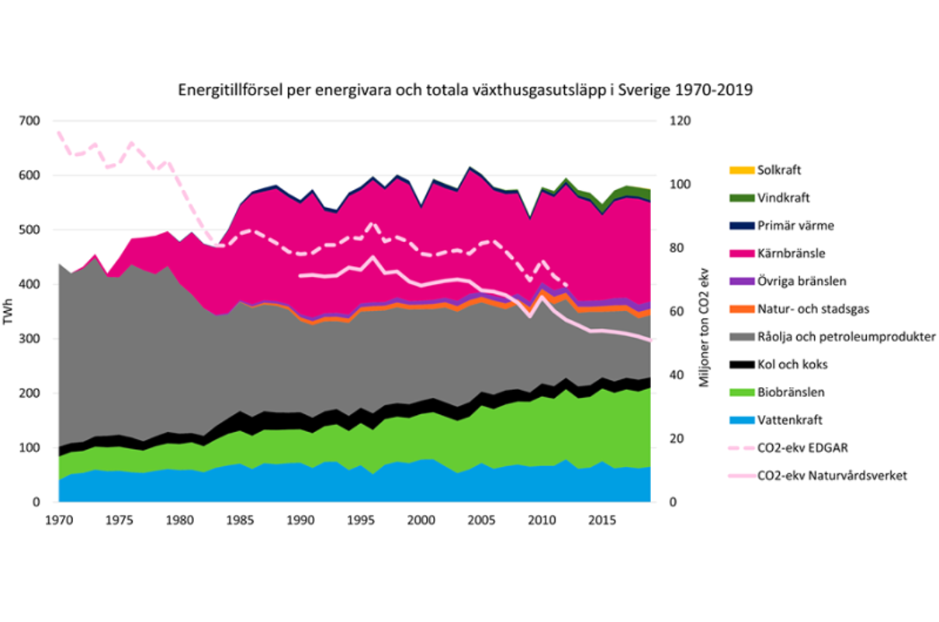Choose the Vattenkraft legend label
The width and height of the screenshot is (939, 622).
[x=787, y=420]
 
